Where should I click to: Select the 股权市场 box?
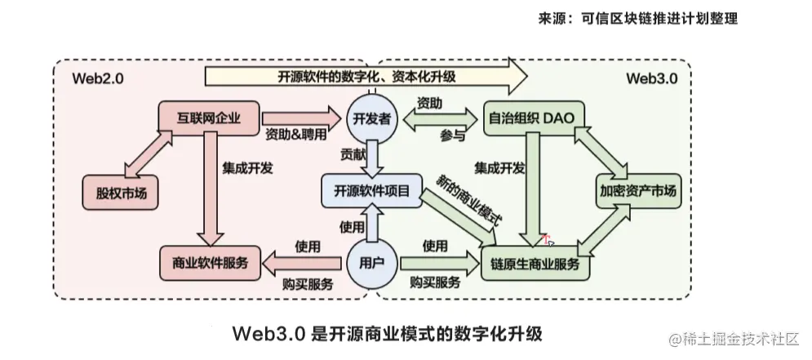[120, 193]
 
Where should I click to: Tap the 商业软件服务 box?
[211, 263]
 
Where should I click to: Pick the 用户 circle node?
[372, 264]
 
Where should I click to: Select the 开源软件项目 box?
[371, 191]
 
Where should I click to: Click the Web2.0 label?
[98, 79]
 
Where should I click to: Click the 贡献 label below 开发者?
[353, 153]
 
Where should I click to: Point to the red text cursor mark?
[548, 240]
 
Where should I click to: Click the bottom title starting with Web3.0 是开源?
[387, 333]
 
